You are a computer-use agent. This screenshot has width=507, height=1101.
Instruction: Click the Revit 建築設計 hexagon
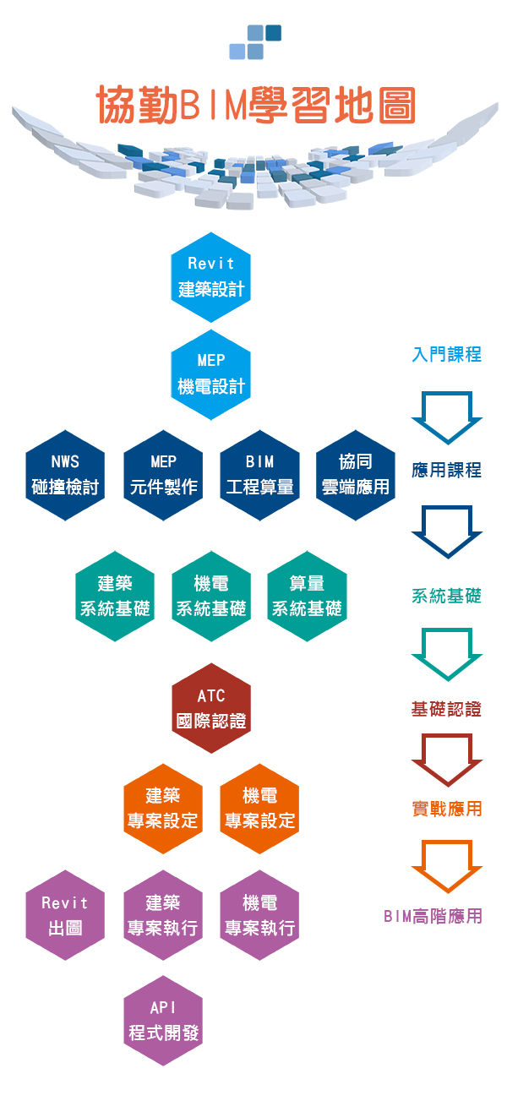[211, 277]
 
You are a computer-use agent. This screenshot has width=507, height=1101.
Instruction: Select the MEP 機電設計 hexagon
[211, 374]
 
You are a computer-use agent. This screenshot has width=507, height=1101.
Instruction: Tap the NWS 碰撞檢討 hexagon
[65, 475]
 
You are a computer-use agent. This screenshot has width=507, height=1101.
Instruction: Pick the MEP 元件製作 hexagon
[163, 475]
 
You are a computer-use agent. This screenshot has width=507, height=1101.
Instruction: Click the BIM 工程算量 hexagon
[259, 475]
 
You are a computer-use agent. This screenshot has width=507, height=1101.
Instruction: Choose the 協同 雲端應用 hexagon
[356, 475]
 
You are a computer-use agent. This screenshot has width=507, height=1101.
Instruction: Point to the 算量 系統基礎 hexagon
[307, 597]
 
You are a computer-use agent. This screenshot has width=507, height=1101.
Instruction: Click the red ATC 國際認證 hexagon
[211, 709]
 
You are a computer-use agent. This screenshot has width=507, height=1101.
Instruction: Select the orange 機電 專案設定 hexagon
[259, 809]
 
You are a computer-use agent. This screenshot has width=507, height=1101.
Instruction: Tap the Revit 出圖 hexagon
[65, 916]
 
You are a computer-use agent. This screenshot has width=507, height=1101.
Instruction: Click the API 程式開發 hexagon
[163, 1021]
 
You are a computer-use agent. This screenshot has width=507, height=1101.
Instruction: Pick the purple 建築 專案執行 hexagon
[163, 916]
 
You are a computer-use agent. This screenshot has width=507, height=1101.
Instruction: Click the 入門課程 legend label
[446, 355]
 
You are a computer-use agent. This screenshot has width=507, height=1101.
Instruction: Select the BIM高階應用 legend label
[433, 916]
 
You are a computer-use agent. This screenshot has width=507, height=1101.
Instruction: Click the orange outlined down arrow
[446, 866]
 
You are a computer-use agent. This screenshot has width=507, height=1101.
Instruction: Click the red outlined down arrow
[446, 759]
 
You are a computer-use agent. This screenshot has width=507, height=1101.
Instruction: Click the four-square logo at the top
[255, 42]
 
